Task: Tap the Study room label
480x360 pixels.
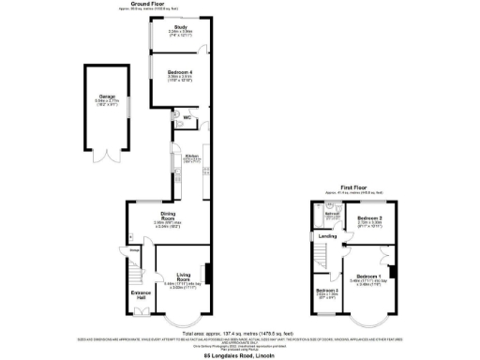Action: [x=180, y=28]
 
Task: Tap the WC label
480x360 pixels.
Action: [x=187, y=118]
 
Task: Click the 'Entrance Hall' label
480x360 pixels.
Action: [x=140, y=295]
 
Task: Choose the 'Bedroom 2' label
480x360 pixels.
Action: [x=368, y=218]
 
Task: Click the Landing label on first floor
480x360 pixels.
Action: [x=327, y=236]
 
